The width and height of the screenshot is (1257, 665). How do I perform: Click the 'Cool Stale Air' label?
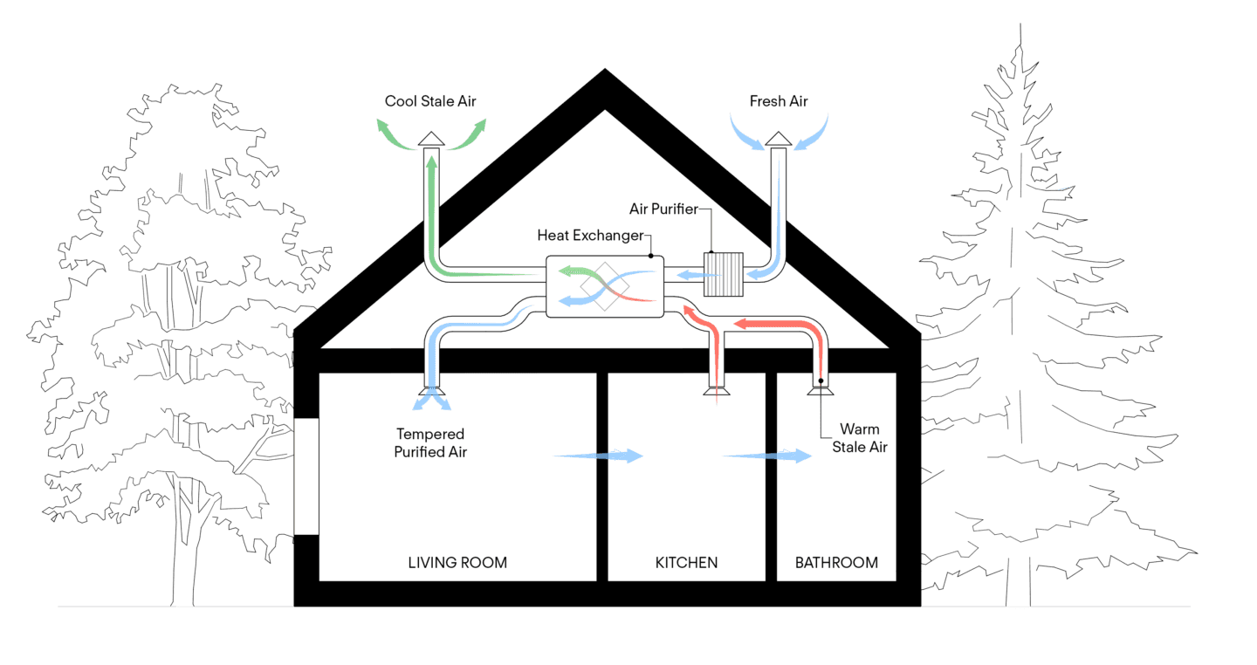pyautogui.click(x=431, y=102)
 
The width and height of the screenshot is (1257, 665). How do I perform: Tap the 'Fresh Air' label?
pyautogui.click(x=779, y=102)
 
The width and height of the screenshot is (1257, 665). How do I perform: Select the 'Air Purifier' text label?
pyautogui.click(x=663, y=209)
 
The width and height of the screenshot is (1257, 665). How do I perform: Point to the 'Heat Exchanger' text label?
pyautogui.click(x=590, y=236)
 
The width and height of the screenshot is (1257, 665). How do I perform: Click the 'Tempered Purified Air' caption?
pyautogui.click(x=430, y=442)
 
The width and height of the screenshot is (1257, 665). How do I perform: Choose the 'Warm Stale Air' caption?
pyautogui.click(x=860, y=438)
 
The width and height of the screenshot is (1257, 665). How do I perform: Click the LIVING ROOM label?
pyautogui.click(x=457, y=563)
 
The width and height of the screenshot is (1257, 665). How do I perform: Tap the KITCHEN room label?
pyautogui.click(x=686, y=563)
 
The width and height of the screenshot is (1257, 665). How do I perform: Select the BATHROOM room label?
pyautogui.click(x=836, y=563)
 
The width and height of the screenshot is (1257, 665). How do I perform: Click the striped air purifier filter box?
pyautogui.click(x=724, y=274)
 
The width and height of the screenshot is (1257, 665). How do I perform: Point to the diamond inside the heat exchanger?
pyautogui.click(x=605, y=285)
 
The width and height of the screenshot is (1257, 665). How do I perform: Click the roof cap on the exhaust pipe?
pyautogui.click(x=430, y=139)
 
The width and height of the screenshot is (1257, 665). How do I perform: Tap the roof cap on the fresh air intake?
pyautogui.click(x=779, y=139)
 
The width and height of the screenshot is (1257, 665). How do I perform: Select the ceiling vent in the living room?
pyautogui.click(x=432, y=392)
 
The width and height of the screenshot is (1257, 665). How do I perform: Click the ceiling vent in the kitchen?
pyautogui.click(x=715, y=392)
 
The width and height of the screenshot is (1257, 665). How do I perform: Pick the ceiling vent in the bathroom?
pyautogui.click(x=821, y=390)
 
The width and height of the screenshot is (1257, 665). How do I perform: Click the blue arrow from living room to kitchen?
pyautogui.click(x=598, y=456)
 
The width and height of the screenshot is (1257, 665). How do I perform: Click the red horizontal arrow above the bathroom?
pyautogui.click(x=777, y=325)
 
